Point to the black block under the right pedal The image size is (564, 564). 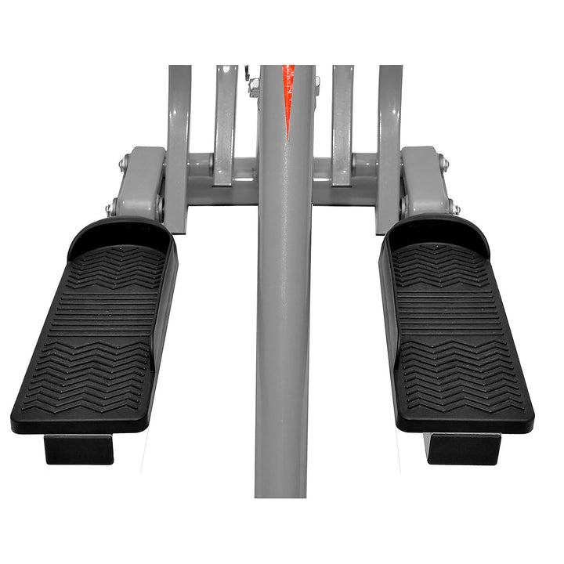pyautogui.click(x=462, y=449)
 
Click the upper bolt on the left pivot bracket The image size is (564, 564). pyautogui.click(x=123, y=164)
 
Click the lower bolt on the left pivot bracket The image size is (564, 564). pyautogui.click(x=110, y=210)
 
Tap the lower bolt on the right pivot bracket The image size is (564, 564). pyautogui.click(x=455, y=209)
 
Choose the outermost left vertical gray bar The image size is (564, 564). pyautogui.click(x=179, y=117)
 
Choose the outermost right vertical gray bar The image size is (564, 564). pyautogui.click(x=390, y=117)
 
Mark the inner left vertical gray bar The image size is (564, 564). pyautogui.click(x=225, y=117)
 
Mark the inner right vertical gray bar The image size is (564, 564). pyautogui.click(x=342, y=117)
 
